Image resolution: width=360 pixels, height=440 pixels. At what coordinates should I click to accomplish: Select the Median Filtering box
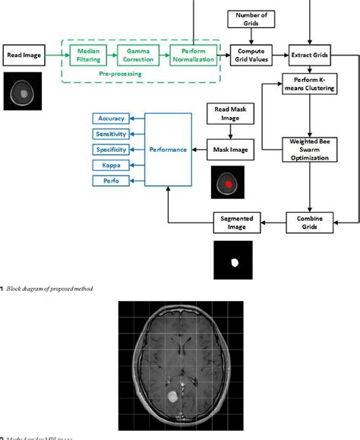[87, 55]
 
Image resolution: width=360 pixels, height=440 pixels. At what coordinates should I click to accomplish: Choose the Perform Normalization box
[193, 55]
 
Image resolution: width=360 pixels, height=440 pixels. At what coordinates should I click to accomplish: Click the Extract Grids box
[309, 55]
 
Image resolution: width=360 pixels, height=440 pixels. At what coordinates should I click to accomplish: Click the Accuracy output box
[109, 119]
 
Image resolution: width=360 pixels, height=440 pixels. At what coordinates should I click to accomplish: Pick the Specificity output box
[109, 150]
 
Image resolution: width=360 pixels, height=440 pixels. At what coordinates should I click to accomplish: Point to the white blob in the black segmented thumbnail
[235, 262]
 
